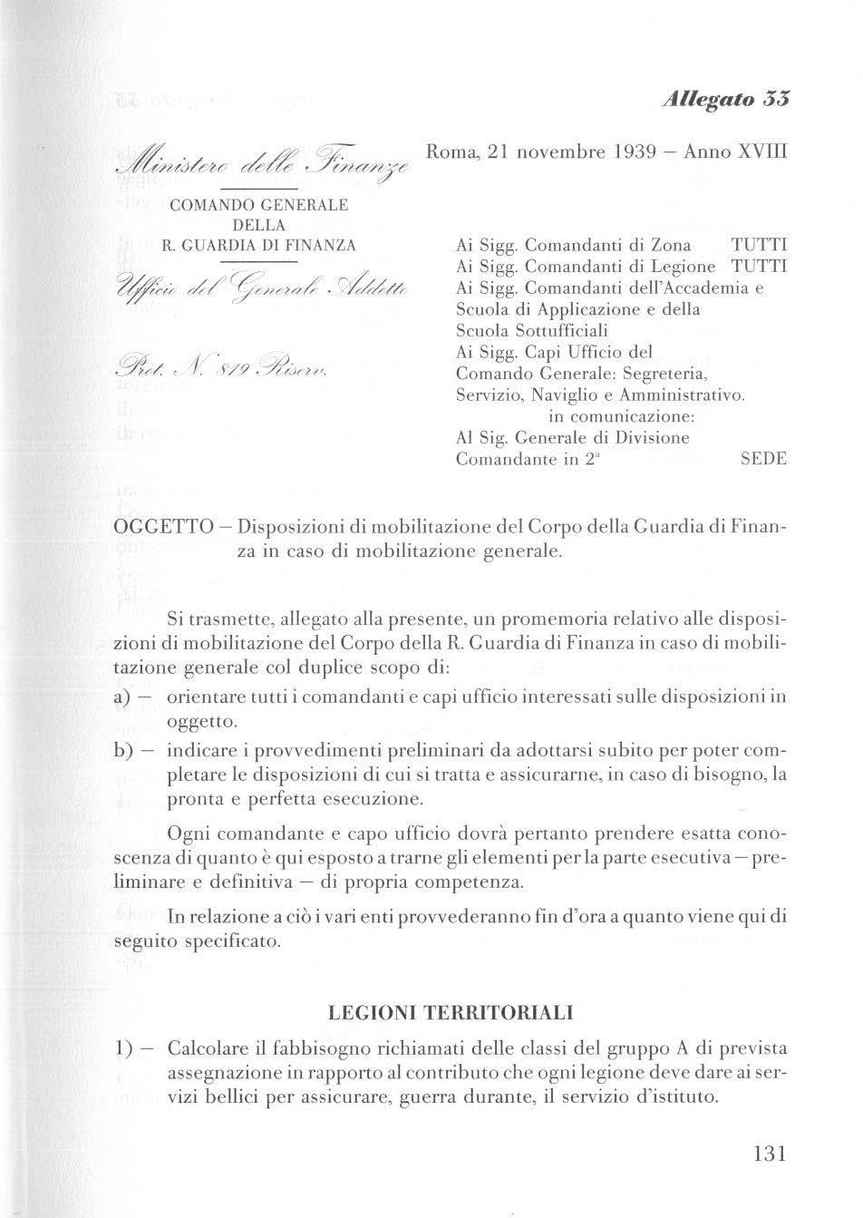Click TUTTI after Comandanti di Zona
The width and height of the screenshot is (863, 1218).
(x=759, y=246)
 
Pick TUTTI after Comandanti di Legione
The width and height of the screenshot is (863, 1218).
(x=759, y=267)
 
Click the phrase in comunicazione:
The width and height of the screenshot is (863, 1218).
(x=622, y=417)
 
